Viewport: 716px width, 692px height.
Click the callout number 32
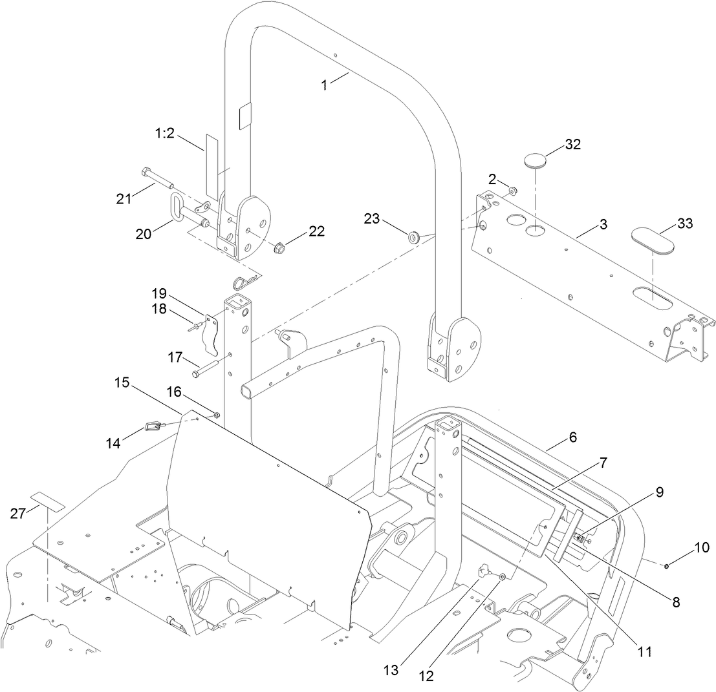click(572, 145)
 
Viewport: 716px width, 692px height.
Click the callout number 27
click(19, 514)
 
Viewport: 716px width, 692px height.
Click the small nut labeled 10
click(667, 567)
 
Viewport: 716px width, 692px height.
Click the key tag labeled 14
click(154, 426)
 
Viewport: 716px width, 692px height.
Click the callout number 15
click(122, 383)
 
